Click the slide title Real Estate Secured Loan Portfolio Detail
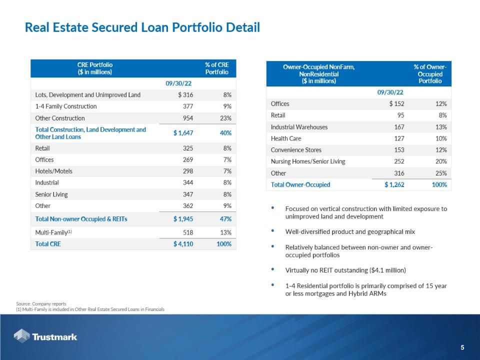pos(142,27)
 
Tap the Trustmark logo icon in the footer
pos(21,336)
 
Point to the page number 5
pos(462,347)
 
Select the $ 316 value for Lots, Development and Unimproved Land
pos(185,95)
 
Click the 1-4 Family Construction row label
pos(66,106)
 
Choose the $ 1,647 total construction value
pos(183,133)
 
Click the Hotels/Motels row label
pos(54,171)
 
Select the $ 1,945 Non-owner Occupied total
pos(183,219)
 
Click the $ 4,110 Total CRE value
pos(183,244)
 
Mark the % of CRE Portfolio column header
pos(216,68)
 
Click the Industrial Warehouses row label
pos(299,127)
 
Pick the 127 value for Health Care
pos(398,138)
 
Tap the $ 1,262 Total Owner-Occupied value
pos(394,184)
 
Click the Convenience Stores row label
pos(296,150)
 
